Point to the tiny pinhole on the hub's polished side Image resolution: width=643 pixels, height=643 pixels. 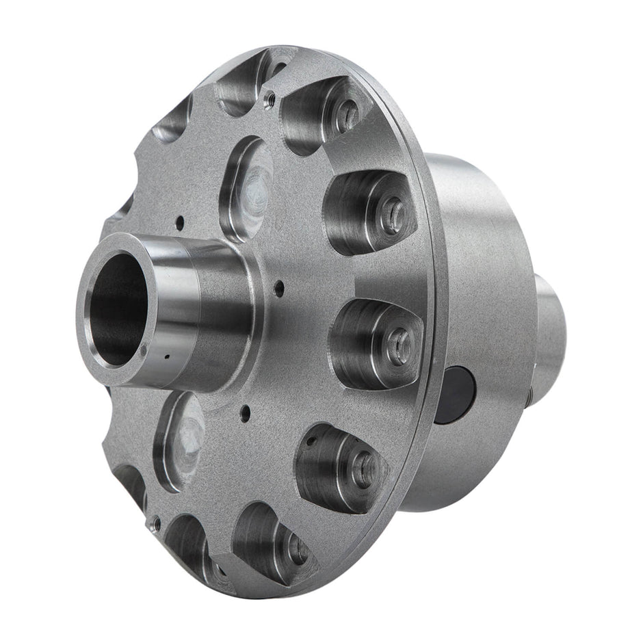point(165,356)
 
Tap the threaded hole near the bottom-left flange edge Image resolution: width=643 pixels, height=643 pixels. point(157,525)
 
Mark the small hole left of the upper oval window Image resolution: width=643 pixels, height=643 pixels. point(179,221)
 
